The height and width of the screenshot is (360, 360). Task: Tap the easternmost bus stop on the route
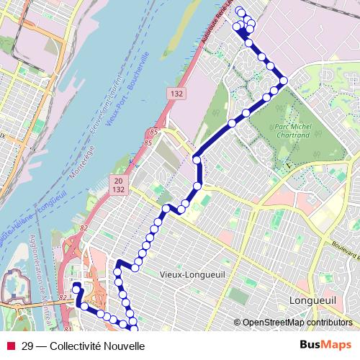284,80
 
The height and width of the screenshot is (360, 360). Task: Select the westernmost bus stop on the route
76,287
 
